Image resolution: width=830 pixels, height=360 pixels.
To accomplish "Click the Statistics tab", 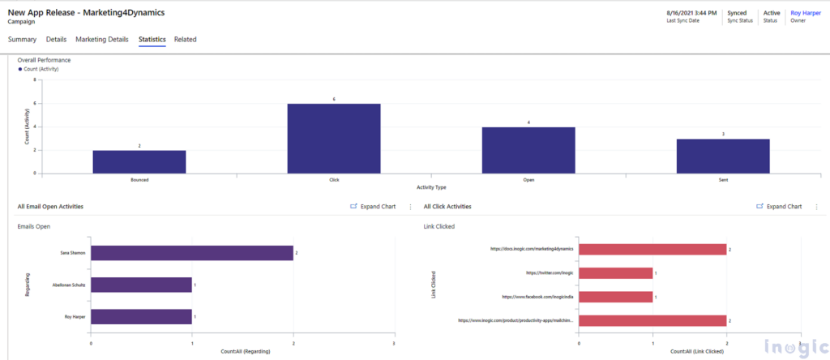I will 152,39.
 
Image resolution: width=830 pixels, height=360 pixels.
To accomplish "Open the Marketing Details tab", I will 102,39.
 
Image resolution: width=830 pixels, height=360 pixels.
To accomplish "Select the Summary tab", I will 22,39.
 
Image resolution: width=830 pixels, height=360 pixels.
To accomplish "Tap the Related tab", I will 185,39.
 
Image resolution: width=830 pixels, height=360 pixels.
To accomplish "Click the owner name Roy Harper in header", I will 806,12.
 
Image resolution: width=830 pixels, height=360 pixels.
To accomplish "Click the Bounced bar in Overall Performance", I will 139,161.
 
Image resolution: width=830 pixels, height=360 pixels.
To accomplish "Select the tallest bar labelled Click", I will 334,138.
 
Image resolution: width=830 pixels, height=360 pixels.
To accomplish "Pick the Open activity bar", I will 528,150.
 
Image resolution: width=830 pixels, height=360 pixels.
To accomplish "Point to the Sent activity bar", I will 723,156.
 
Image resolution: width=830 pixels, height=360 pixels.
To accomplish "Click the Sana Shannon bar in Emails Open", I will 192,254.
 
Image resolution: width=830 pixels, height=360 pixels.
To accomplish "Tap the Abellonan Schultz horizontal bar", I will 142,285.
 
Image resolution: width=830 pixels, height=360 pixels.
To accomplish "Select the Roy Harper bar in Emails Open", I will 142,317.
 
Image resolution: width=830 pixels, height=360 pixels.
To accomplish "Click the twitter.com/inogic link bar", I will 615,273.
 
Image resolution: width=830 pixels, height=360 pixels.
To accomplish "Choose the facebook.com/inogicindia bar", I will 615,297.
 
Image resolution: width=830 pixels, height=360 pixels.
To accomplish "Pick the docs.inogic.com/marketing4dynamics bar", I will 652,250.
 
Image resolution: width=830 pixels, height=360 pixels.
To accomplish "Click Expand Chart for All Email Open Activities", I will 373,207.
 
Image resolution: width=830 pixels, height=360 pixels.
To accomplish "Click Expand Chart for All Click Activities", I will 779,207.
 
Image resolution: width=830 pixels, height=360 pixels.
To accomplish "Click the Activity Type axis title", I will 431,188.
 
